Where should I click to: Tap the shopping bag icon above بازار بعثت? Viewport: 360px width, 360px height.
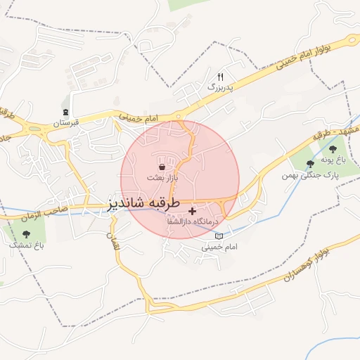coord(162,167)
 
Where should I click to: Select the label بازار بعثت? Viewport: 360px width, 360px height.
coord(162,179)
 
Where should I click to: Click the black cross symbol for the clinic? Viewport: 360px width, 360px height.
coord(192,211)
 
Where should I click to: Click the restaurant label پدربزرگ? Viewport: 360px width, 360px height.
coord(219,87)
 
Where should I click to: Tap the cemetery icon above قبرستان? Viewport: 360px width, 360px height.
coord(66,112)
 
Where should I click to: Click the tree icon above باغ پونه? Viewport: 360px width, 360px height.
coord(330,149)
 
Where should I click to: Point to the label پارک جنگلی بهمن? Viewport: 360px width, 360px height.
coord(311,174)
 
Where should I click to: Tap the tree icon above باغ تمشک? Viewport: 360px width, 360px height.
coord(27,234)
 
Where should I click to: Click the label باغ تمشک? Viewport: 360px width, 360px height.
coord(27,245)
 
